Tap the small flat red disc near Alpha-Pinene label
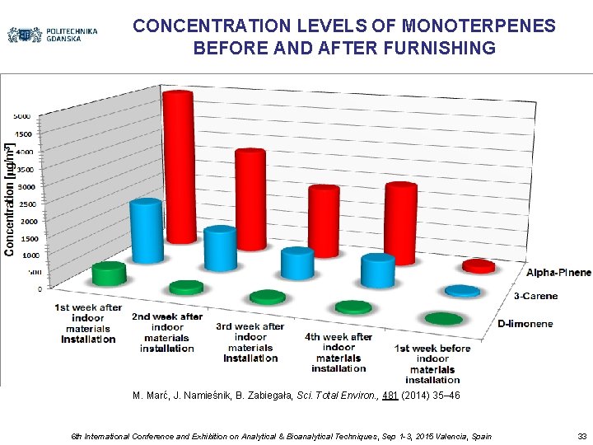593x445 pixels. pos(479,265)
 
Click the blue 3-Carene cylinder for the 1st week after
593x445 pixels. pos(146,232)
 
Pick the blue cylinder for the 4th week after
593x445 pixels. pos(378,270)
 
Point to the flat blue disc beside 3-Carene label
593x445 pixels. pos(462,290)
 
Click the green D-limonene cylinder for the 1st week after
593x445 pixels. pos(109,274)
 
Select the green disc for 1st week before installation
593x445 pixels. pos(443,318)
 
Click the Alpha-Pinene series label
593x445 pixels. pos(558,273)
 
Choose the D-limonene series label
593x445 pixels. pos(525,324)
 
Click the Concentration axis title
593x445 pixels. pos(11,197)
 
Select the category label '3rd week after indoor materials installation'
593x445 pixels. pos(250,342)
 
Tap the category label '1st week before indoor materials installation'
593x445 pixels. pos(432,363)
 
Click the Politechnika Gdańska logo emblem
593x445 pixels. pos(25,35)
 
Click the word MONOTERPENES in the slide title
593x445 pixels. pos(466,26)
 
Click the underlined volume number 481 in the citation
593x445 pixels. pos(392,396)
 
